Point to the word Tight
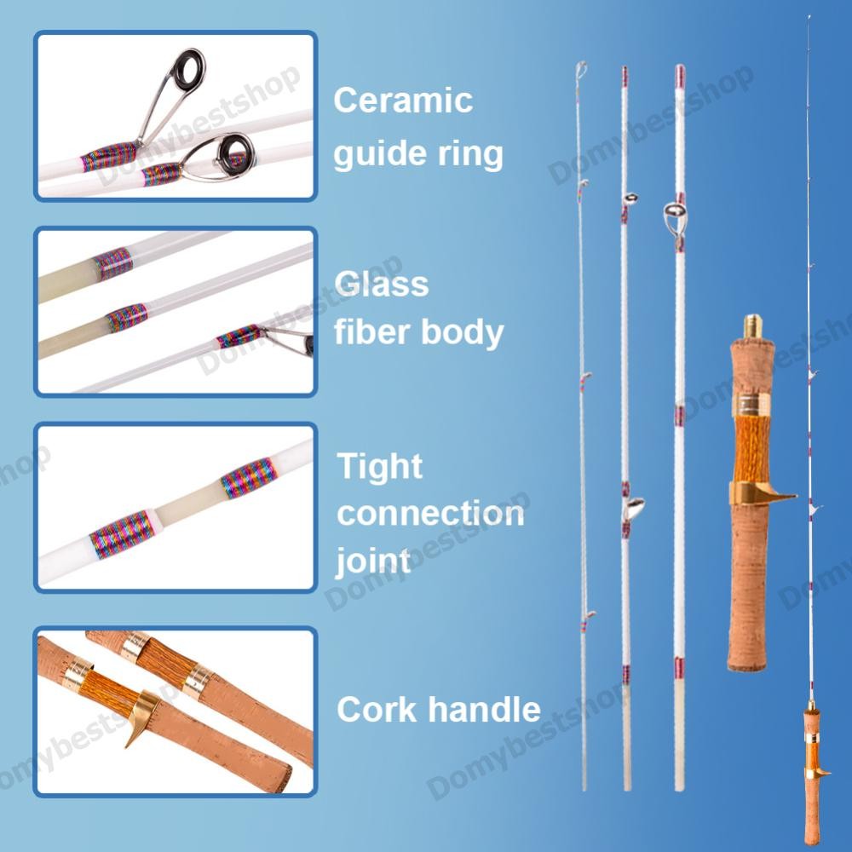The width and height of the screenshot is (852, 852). click(x=379, y=467)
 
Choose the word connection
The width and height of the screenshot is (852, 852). click(x=430, y=514)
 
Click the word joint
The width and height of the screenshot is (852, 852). click(x=373, y=561)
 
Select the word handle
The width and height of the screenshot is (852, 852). click(x=486, y=709)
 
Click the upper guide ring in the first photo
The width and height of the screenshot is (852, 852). click(x=187, y=71)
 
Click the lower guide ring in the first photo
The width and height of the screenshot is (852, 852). click(x=235, y=153)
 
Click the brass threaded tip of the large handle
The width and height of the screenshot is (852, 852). click(x=752, y=326)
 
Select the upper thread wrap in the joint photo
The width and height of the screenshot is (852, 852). click(x=250, y=477)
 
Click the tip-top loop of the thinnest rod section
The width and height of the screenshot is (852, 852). click(x=581, y=70)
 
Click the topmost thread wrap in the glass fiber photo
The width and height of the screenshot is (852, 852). click(x=113, y=263)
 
